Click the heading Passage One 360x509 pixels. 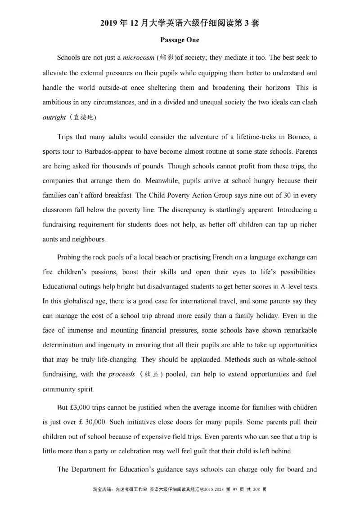tap(180, 40)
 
